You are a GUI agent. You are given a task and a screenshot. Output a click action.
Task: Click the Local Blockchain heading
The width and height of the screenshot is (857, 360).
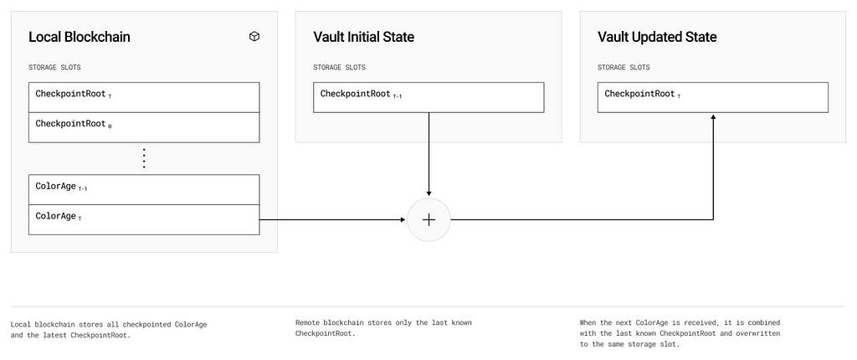click(80, 37)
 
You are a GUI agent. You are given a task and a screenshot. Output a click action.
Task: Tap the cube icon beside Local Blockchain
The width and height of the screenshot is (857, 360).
click(254, 37)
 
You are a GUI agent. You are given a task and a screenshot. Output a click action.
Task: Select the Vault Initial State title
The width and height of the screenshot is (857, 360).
click(363, 37)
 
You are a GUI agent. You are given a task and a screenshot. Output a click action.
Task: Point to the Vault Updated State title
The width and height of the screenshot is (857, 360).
click(657, 37)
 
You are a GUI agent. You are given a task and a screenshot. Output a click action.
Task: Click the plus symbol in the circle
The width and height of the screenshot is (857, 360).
click(429, 220)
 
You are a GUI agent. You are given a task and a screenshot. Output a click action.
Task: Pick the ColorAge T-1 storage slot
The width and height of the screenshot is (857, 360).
click(144, 190)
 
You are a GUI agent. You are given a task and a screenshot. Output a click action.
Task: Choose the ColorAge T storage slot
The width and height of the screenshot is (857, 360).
click(144, 220)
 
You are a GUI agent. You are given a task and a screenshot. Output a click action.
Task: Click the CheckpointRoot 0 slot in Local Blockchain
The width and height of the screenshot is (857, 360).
click(144, 127)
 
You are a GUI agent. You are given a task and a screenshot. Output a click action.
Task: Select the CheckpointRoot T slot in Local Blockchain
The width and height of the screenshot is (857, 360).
click(144, 97)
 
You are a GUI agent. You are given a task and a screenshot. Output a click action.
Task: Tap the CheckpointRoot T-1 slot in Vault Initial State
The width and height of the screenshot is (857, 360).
click(428, 97)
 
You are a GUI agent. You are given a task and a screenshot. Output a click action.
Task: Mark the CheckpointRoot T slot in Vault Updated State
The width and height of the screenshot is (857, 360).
click(713, 97)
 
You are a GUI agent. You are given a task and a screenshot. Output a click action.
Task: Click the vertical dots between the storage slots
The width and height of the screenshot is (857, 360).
click(144, 158)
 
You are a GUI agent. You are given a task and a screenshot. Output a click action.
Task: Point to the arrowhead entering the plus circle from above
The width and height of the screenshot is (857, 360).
click(429, 193)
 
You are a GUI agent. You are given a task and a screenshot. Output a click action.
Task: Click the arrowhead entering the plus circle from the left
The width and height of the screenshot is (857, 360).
click(403, 220)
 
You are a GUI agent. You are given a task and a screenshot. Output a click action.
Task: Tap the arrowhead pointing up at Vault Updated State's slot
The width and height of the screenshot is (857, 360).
click(713, 117)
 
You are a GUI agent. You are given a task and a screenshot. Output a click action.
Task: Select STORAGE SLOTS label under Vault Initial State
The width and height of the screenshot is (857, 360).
click(340, 67)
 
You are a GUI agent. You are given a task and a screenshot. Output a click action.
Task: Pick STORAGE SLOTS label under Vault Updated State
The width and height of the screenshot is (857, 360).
click(624, 67)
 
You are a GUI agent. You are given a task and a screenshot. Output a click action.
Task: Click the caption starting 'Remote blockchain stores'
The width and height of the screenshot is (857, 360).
click(383, 327)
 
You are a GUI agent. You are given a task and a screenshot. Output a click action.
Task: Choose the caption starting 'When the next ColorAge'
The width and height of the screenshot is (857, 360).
click(680, 333)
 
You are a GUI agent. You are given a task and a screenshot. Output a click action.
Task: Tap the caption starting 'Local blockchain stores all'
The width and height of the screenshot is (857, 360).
click(109, 329)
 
